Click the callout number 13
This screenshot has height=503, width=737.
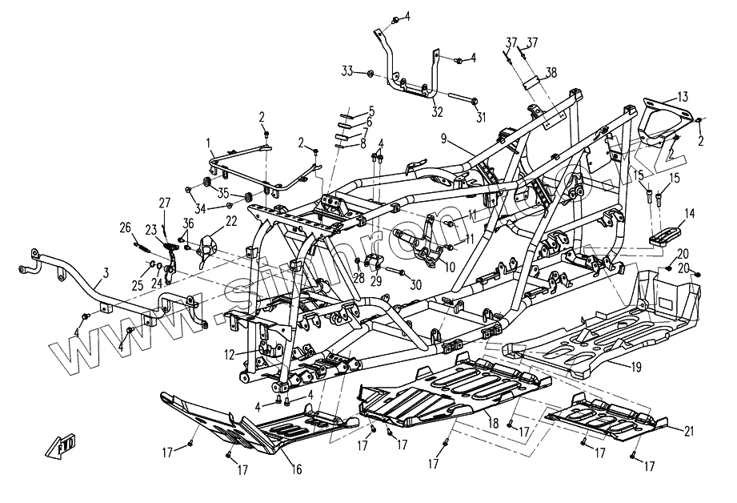pyautogui.click(x=682, y=97)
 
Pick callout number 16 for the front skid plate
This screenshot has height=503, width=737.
pyautogui.click(x=297, y=469)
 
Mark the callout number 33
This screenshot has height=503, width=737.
pyautogui.click(x=346, y=72)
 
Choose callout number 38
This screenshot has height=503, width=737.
pyautogui.click(x=551, y=71)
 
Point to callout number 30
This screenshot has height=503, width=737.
pyautogui.click(x=415, y=285)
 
